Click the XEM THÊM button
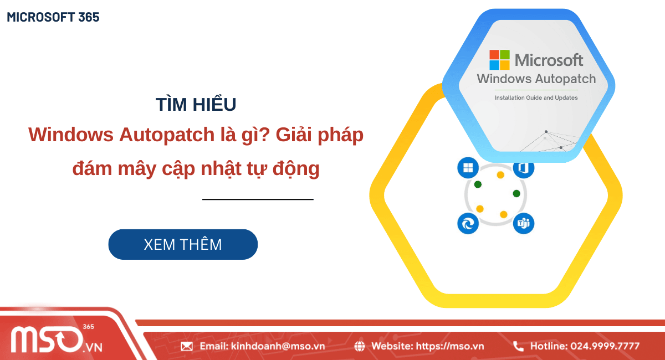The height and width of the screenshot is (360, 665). click(183, 244)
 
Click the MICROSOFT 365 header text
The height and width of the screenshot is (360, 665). click(53, 17)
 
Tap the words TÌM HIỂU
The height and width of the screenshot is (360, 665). click(196, 104)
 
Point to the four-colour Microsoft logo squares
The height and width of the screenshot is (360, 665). click(499, 60)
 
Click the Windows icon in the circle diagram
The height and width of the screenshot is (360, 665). click(468, 168)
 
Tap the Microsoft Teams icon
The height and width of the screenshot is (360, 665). click(523, 223)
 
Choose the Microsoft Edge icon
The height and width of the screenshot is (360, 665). click(468, 223)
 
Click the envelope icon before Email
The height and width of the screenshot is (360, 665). click(187, 346)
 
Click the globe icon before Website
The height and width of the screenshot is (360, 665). click(360, 346)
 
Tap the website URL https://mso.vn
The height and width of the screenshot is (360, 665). click(449, 346)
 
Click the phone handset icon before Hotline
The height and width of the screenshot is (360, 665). click(518, 346)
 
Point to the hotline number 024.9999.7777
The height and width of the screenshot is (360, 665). click(605, 346)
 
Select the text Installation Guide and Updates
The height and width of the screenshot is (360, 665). click(536, 97)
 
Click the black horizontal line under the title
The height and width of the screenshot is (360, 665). click(258, 199)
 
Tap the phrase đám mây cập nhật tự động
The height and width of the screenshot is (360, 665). click(196, 168)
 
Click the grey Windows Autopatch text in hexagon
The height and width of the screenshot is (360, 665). click(536, 79)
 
